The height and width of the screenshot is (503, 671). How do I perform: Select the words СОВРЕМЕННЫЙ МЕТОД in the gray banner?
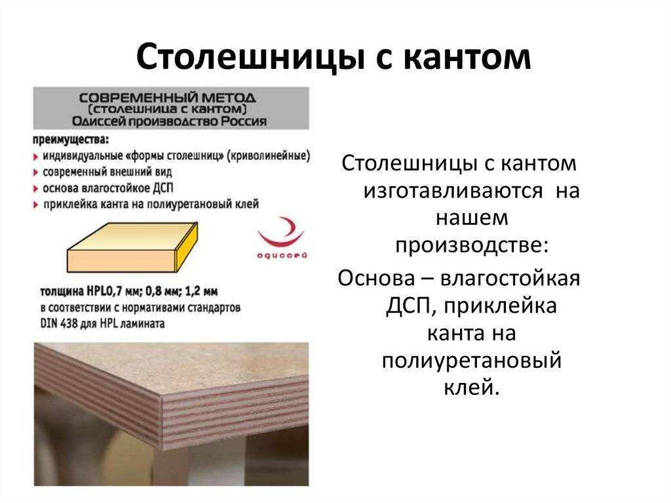coord(167,98)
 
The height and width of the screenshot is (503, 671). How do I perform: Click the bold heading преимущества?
coord(71,140)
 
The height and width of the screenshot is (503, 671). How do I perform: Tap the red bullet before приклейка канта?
coord(36,205)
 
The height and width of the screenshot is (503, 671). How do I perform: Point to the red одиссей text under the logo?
coord(282,256)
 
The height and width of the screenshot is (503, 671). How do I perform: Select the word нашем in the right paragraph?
coord(472,218)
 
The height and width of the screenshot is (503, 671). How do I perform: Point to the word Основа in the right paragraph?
coord(377,279)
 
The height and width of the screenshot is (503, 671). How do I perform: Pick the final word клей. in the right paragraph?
coord(472,387)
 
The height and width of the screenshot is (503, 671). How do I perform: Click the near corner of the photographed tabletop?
coord(161,396)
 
